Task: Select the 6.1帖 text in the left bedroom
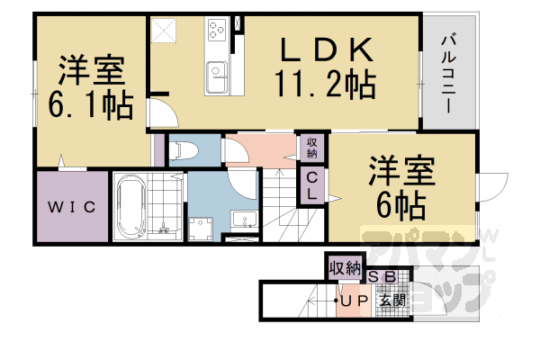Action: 90,104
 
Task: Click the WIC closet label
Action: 72,209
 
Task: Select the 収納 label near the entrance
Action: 344,267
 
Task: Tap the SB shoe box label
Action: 377,277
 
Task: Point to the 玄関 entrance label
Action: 391,300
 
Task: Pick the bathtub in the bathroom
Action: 133,208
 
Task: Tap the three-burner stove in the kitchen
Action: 219,30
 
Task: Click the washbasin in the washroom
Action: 242,220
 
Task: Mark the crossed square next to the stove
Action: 165,30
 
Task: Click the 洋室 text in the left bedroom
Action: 90,70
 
